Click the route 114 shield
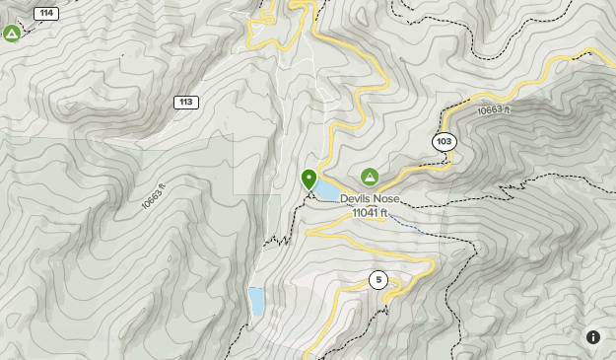pyautogui.click(x=44, y=13)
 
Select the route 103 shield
pyautogui.click(x=445, y=142)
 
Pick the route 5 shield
pyautogui.click(x=377, y=280)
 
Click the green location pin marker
pyautogui.click(x=308, y=180)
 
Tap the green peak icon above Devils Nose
pyautogui.click(x=370, y=177)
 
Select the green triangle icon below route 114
pyautogui.click(x=12, y=35)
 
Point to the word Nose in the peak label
pyautogui.click(x=386, y=198)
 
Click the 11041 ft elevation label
pyautogui.click(x=371, y=212)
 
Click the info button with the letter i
pyautogui.click(x=593, y=337)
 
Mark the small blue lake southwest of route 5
pyautogui.click(x=256, y=301)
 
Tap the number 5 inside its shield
pyautogui.click(x=377, y=280)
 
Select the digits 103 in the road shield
pyautogui.click(x=445, y=142)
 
